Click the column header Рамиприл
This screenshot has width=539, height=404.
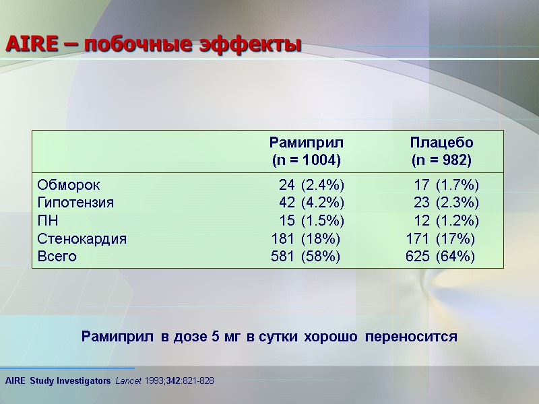coord(306,143)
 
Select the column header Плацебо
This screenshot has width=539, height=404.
coord(441,143)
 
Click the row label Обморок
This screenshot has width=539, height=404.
coord(69,184)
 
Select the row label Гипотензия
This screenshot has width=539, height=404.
coord(75,203)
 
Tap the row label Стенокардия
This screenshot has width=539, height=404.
coord(82,238)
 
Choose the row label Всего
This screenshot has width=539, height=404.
coord(57,257)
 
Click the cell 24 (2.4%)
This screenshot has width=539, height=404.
coord(311,184)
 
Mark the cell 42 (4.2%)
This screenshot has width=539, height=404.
coord(311,203)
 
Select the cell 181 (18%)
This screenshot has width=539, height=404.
coord(305,238)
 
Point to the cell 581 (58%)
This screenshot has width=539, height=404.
coord(305,257)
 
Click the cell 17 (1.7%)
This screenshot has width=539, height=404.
coord(446,184)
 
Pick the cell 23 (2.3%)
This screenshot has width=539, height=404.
coord(446,203)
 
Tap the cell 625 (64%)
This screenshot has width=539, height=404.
coord(440,257)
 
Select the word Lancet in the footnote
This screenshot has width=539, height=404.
coord(127,381)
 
